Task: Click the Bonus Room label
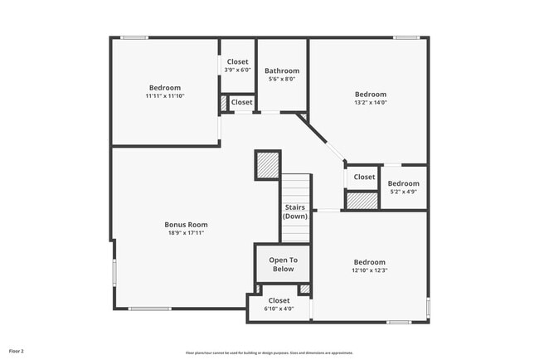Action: coord(186,224)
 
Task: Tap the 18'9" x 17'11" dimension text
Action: coord(186,233)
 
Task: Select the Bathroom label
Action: coord(282,71)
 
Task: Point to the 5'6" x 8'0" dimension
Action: coord(282,79)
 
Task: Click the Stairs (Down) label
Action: coord(295,212)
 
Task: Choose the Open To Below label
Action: coord(282,264)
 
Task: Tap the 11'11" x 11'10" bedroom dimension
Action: coord(165,96)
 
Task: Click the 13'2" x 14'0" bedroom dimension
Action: coord(370,103)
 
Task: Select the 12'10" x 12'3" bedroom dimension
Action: coord(370,270)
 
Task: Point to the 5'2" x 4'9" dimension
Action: coord(404,192)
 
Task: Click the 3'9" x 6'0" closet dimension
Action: coord(237,70)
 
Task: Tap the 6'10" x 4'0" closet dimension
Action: coord(279,309)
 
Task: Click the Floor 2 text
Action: coord(17,352)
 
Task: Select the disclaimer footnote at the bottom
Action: coord(269,353)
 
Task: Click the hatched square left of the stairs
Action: coord(267,165)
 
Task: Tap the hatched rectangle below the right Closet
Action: coord(362,200)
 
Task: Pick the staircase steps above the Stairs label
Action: coord(296,187)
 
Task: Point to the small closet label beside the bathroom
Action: coord(241,102)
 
